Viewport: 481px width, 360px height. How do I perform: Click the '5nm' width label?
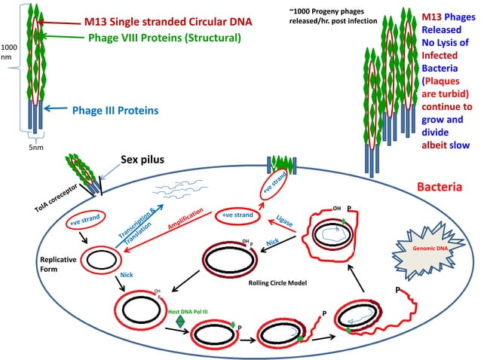35,148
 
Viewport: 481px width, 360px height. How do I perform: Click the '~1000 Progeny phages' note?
327,16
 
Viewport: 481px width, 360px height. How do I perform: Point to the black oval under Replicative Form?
100,258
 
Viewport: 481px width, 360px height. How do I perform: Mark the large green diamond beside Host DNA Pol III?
180,321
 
